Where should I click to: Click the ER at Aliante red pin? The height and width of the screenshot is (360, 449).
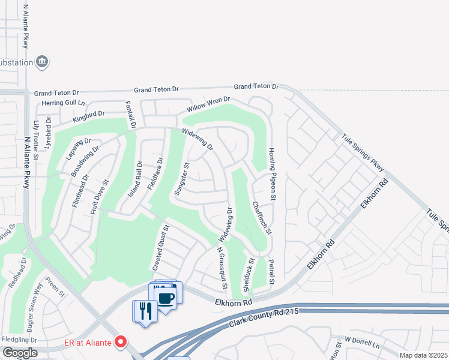pos(120,342)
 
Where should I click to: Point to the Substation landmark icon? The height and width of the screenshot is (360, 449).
pos(42,61)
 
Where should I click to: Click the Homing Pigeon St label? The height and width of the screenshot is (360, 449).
pos(272,174)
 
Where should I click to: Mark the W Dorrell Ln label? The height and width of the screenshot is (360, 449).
pos(362,342)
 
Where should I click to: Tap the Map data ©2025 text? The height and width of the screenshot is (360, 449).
pos(423,355)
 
